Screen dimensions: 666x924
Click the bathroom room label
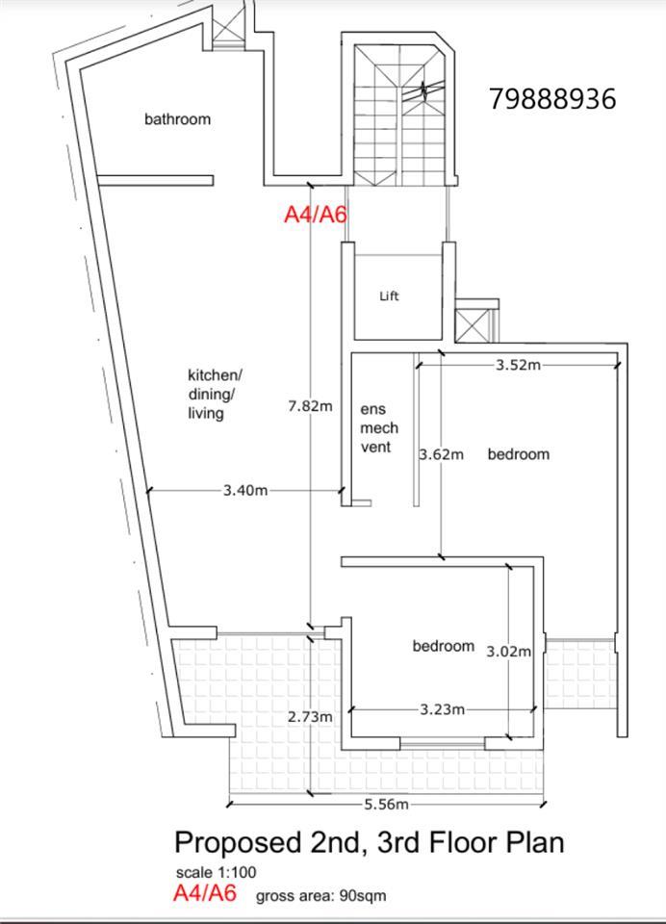coord(177,119)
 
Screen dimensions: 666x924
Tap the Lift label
coord(389,295)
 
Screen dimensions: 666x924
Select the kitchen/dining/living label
coord(215,394)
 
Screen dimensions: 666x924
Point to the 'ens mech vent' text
coord(379,427)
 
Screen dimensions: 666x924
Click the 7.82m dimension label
coord(310,406)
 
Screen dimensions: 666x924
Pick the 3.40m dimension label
coord(245,490)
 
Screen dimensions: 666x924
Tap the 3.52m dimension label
coord(518,365)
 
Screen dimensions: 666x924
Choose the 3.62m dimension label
coord(442,454)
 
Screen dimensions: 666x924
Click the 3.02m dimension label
coord(508,652)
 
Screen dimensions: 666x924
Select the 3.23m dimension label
coord(442,709)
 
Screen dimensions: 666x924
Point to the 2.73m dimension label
coord(310,716)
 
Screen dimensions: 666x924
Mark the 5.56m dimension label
coord(386,804)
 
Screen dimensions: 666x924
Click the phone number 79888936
coord(552,98)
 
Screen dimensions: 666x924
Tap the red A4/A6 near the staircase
coord(316,214)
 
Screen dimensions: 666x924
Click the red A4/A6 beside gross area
coord(205,893)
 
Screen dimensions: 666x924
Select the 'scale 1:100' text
coord(216,872)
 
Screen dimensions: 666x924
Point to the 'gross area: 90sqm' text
coord(321,896)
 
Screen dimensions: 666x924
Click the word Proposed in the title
coord(238,843)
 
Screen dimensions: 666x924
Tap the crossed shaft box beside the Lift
coord(473,324)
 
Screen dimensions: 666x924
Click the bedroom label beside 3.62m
coord(519,454)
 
